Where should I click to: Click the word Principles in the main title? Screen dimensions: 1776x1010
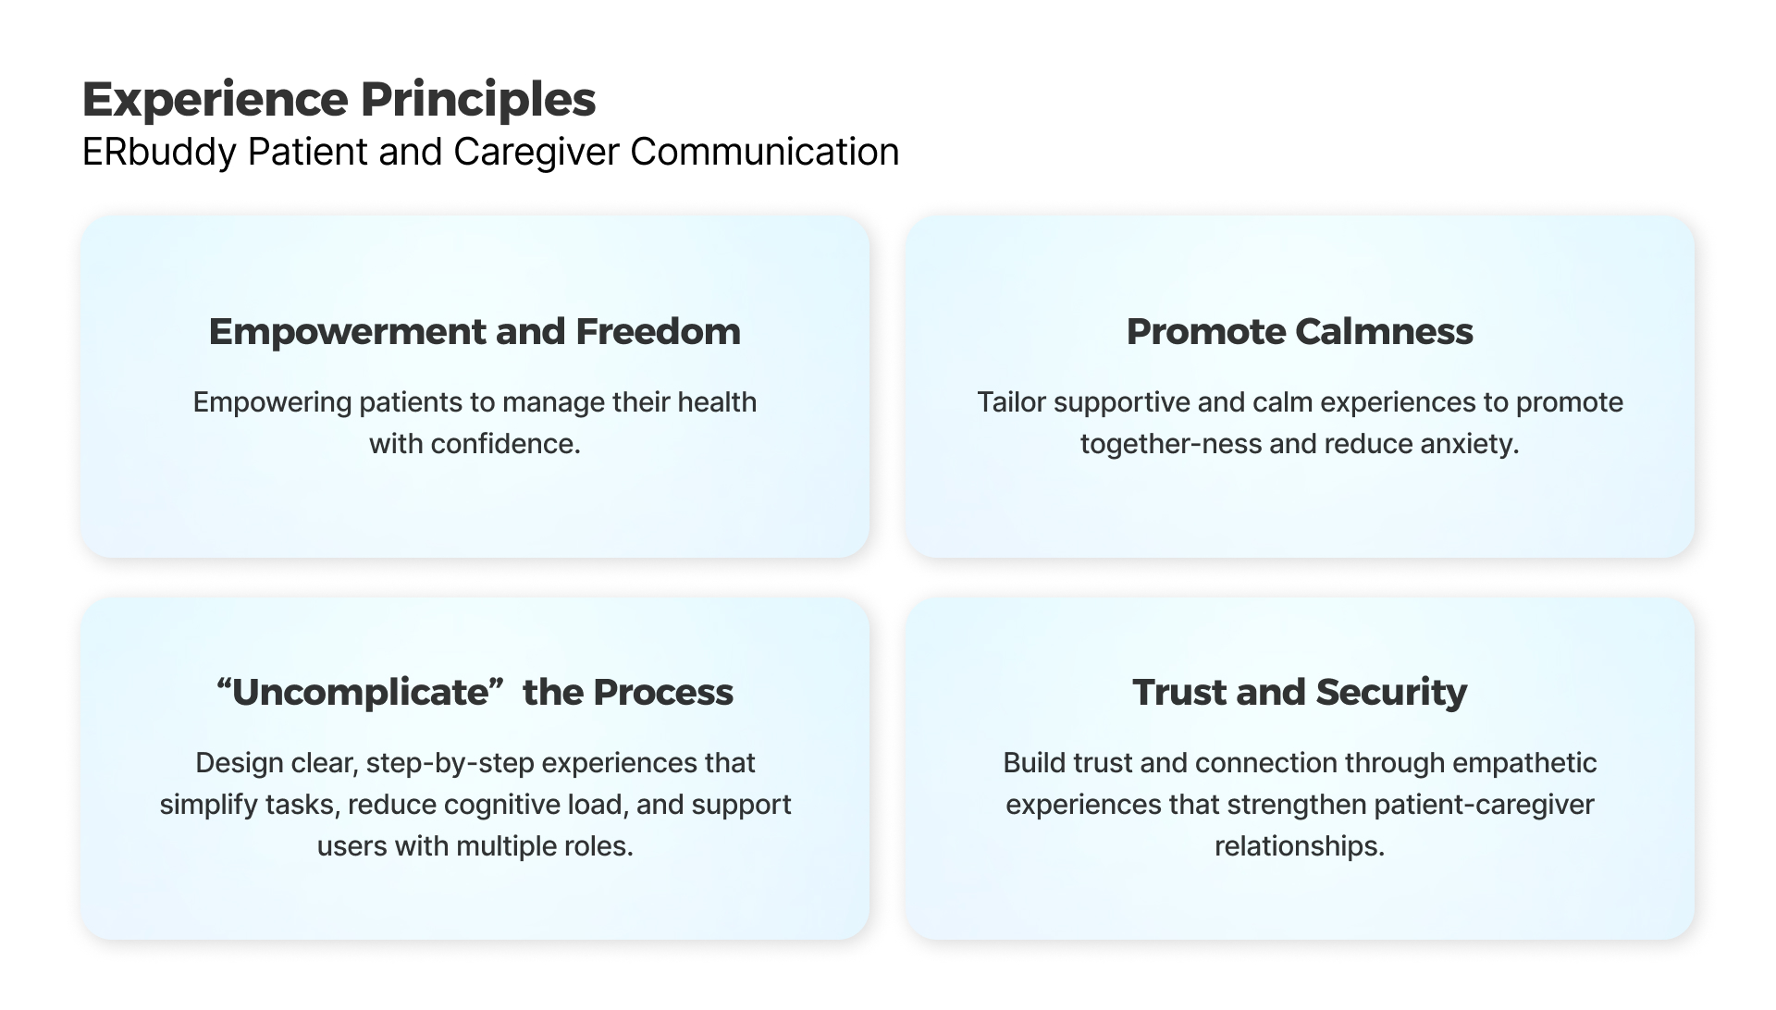click(x=477, y=101)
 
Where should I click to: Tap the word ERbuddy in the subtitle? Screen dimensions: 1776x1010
click(x=159, y=153)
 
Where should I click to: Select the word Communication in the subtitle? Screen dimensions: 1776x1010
click(x=764, y=152)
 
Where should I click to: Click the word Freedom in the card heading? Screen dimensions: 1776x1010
click(x=658, y=331)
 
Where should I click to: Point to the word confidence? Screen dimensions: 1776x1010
click(x=505, y=444)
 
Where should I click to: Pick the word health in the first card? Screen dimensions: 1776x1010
click(x=717, y=402)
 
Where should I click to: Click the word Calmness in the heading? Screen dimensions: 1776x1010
click(x=1384, y=331)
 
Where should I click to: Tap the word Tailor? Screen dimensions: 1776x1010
click(x=1011, y=402)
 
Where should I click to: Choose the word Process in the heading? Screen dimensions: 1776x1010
click(x=663, y=692)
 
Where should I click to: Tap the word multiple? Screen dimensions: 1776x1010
click(x=502, y=847)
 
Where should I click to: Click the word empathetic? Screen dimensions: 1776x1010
click(x=1524, y=764)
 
